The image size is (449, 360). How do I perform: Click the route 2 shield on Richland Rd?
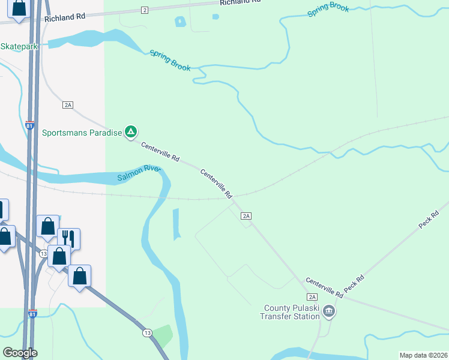pos(145,10)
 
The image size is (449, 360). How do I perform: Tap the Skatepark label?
pos(19,46)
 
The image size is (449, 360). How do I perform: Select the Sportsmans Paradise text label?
pos(82,132)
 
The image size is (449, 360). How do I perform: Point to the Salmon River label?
pos(139,173)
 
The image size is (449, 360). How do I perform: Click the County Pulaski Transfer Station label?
pos(292,312)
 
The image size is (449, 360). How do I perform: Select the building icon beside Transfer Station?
pos(329,311)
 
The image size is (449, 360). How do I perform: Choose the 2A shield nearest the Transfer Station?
pos(312,297)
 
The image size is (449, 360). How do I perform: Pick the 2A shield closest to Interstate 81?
pos(67,105)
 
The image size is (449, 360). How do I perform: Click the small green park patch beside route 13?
pos(163,335)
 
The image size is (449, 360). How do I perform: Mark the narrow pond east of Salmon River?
pos(176,224)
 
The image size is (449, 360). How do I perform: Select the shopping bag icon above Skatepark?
pos(19,8)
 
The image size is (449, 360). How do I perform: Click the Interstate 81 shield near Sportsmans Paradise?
pos(30,125)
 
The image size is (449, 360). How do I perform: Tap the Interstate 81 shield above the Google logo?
pos(32,314)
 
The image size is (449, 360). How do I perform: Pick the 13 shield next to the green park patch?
pos(147,332)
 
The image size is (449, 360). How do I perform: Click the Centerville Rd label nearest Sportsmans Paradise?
pos(160,152)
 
